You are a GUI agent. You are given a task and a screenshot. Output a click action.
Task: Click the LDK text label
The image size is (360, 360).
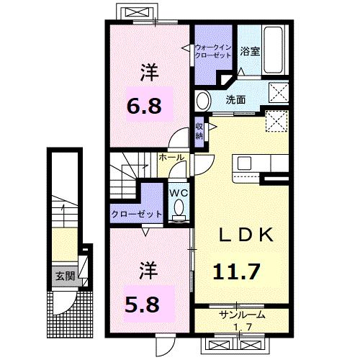click(240, 234)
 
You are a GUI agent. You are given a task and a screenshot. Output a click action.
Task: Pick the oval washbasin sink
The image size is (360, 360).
click(203, 99)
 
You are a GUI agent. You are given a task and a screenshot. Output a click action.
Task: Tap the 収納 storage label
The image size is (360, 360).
click(199, 130)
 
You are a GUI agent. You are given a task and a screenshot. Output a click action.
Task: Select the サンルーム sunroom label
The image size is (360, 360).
click(241, 315)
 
